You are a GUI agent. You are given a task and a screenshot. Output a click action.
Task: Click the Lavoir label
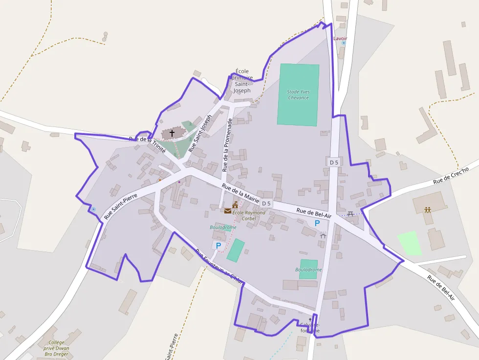click(340, 38)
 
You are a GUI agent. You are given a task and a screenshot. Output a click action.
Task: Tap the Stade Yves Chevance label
click(298, 95)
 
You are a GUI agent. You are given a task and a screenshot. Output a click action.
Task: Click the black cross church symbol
click(172, 132)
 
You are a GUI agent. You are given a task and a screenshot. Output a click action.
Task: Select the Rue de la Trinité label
click(148, 145)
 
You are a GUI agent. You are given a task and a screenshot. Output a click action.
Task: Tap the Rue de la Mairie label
click(240, 193)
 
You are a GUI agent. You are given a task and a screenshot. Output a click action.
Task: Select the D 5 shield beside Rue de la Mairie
click(266, 203)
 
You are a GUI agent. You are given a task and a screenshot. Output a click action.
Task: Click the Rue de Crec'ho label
click(451, 175)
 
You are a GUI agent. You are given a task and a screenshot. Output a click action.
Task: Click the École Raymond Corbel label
click(249, 215)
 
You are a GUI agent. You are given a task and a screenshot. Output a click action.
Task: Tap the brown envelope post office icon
click(228, 211)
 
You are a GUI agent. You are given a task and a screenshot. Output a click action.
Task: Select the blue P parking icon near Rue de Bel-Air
click(317, 223)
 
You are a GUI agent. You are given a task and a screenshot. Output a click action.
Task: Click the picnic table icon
click(350, 213)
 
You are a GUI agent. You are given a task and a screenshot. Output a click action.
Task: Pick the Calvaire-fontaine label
click(309, 327)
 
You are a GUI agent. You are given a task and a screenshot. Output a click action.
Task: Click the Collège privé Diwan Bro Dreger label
click(56, 348)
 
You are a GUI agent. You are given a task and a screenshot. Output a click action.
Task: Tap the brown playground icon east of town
click(428, 210)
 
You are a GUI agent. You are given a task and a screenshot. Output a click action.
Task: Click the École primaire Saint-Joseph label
click(242, 81)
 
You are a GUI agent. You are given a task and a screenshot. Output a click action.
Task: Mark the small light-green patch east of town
click(410, 243)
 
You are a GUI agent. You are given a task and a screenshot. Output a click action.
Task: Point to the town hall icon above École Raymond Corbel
click(235, 204)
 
